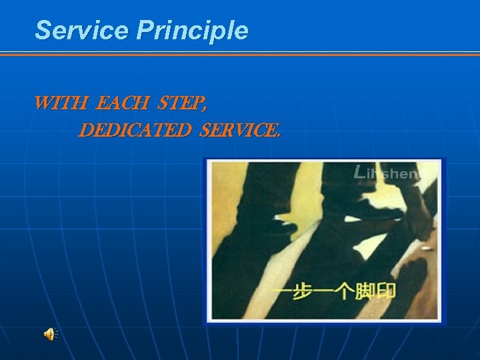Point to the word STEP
point(180,104)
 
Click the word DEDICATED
point(134,130)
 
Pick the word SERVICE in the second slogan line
point(238,130)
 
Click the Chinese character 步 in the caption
point(304,291)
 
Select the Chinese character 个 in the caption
point(345,291)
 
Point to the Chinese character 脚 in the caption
point(365,291)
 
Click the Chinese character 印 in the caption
point(386,291)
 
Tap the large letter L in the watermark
point(361,172)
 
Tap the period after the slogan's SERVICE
point(278,135)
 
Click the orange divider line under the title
point(240,53)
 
